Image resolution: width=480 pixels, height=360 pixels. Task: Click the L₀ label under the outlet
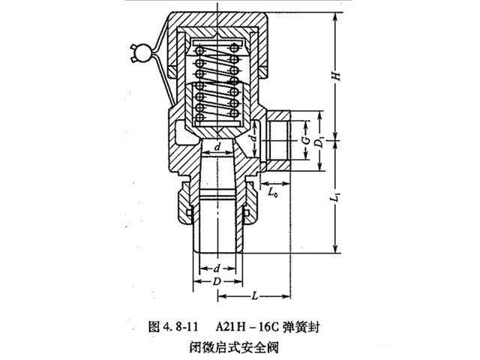[275, 193]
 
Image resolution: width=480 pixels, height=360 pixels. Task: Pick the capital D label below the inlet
[217, 280]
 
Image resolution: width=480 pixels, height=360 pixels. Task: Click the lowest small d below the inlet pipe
[217, 268]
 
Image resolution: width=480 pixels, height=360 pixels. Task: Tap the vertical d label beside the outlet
[254, 139]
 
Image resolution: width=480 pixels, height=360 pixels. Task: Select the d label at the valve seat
[217, 148]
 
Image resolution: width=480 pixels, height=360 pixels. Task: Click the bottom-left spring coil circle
[199, 116]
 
